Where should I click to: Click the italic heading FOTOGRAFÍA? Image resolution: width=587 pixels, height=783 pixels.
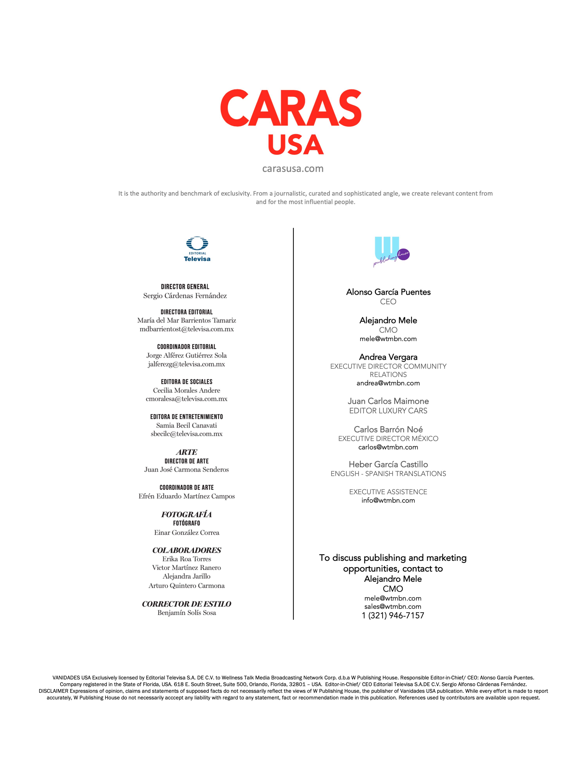(x=186, y=514)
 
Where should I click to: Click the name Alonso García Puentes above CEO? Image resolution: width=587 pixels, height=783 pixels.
(x=388, y=292)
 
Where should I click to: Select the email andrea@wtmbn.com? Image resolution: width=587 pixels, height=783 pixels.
(x=388, y=383)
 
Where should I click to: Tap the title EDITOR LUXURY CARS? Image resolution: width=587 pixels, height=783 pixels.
(x=388, y=411)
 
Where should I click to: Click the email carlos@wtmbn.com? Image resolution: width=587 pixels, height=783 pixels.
(x=388, y=447)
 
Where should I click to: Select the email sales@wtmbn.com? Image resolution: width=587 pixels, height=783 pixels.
(x=393, y=606)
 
